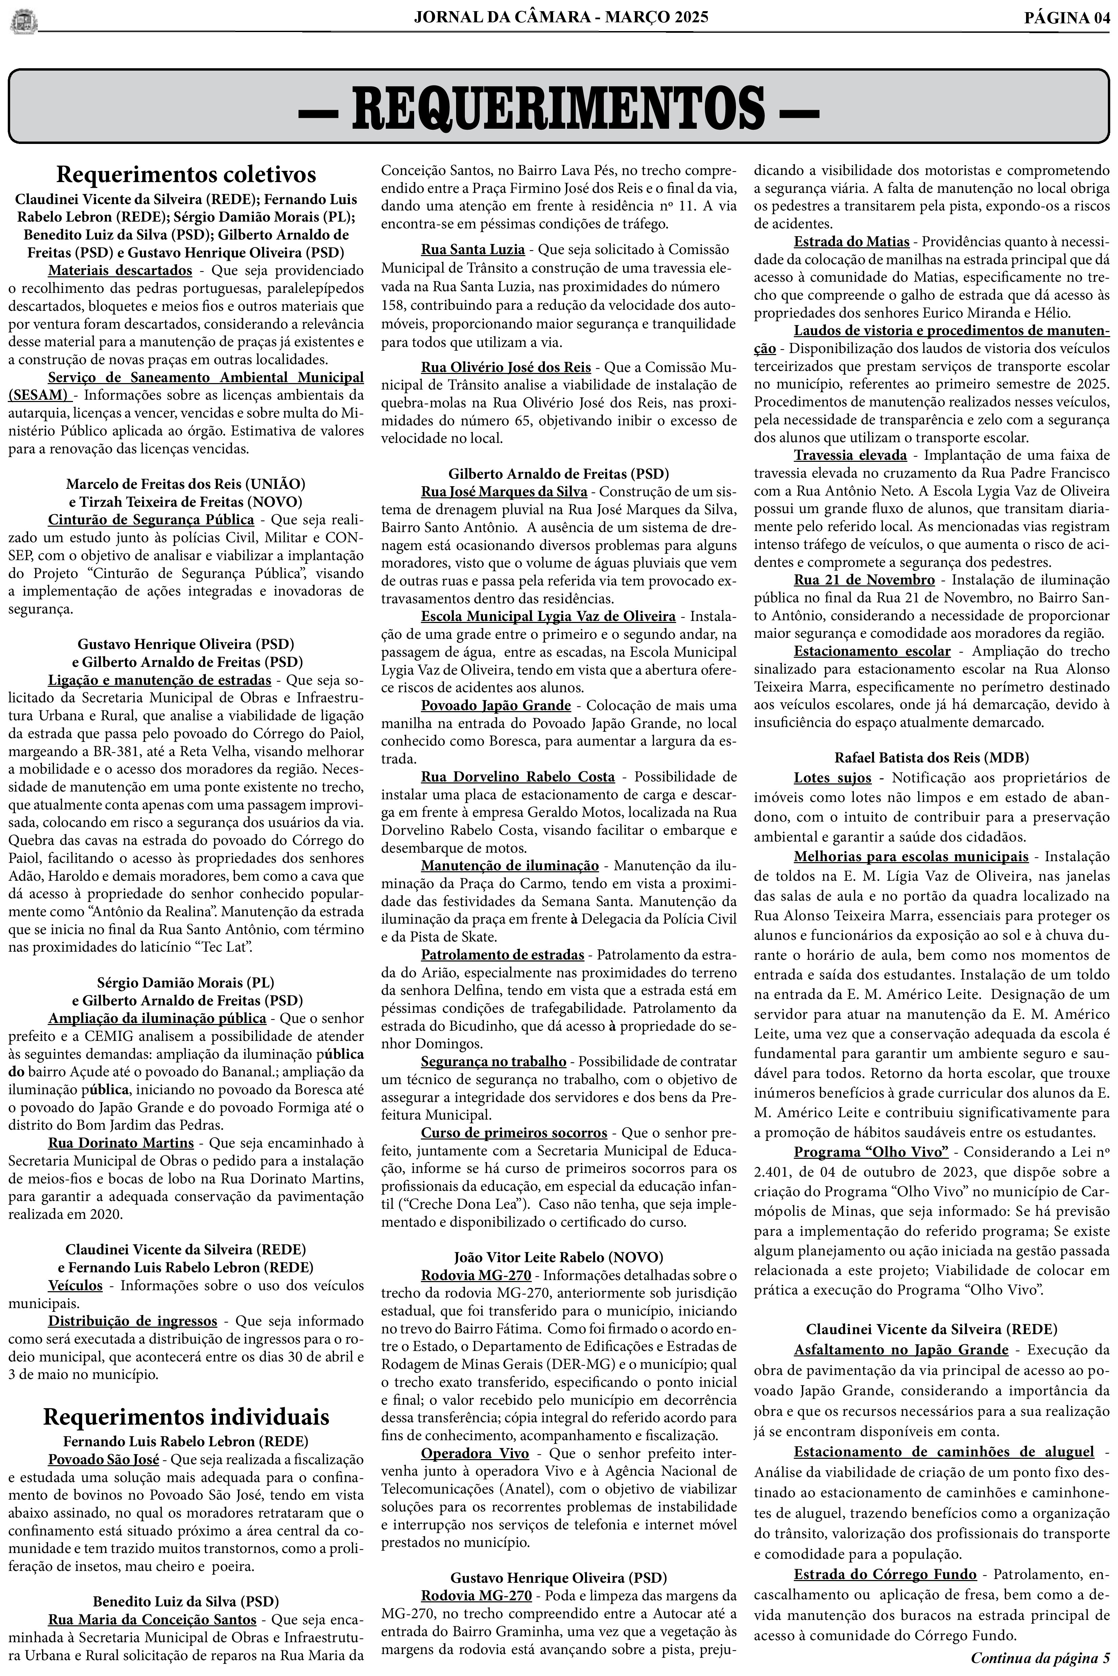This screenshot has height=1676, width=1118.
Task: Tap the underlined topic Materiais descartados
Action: (x=120, y=271)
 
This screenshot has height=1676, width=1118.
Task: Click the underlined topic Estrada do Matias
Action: (x=851, y=242)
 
